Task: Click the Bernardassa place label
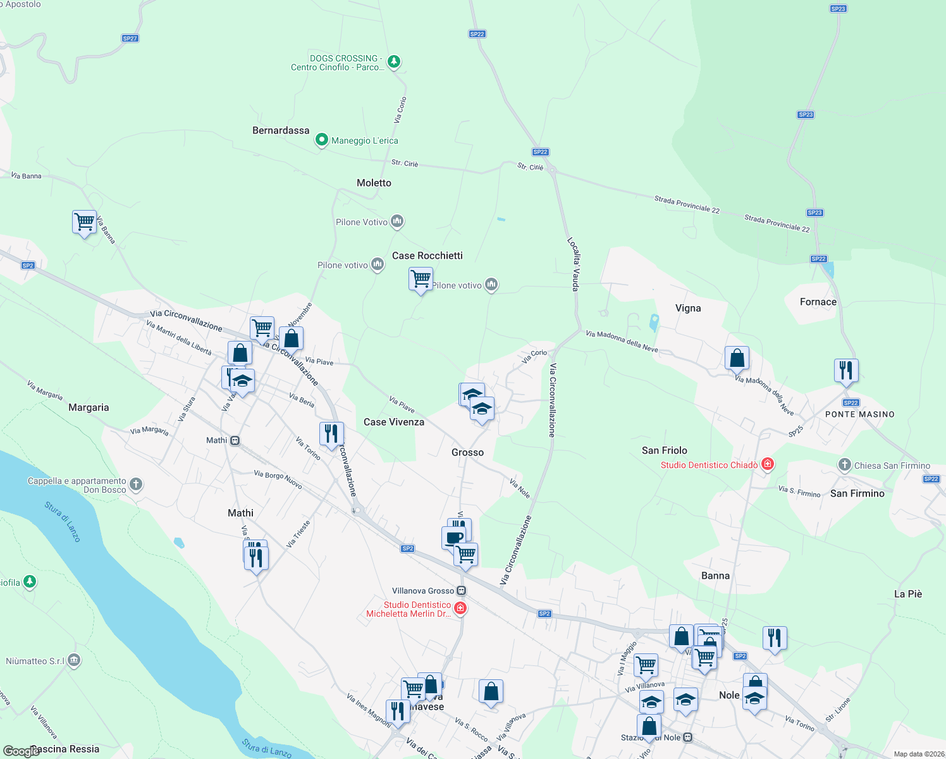pos(281,130)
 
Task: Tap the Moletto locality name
pos(374,183)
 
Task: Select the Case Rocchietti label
pos(427,256)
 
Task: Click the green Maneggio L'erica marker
pos(321,140)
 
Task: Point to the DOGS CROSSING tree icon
pos(394,62)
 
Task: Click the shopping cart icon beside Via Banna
pos(84,222)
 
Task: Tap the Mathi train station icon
pos(235,440)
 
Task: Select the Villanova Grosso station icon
pos(462,591)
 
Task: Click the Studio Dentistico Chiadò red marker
pos(768,465)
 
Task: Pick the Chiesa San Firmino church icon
pos(844,465)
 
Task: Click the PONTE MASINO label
pos(859,414)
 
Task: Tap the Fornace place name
pos(818,302)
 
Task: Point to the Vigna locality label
pos(687,308)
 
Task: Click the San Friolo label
pos(664,450)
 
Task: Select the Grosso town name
pos(467,452)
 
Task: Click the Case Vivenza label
pos(393,422)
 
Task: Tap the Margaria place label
pos(89,407)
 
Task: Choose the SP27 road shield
pos(130,39)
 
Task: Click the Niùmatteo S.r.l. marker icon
pos(74,660)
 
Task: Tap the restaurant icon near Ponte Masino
pos(846,369)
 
